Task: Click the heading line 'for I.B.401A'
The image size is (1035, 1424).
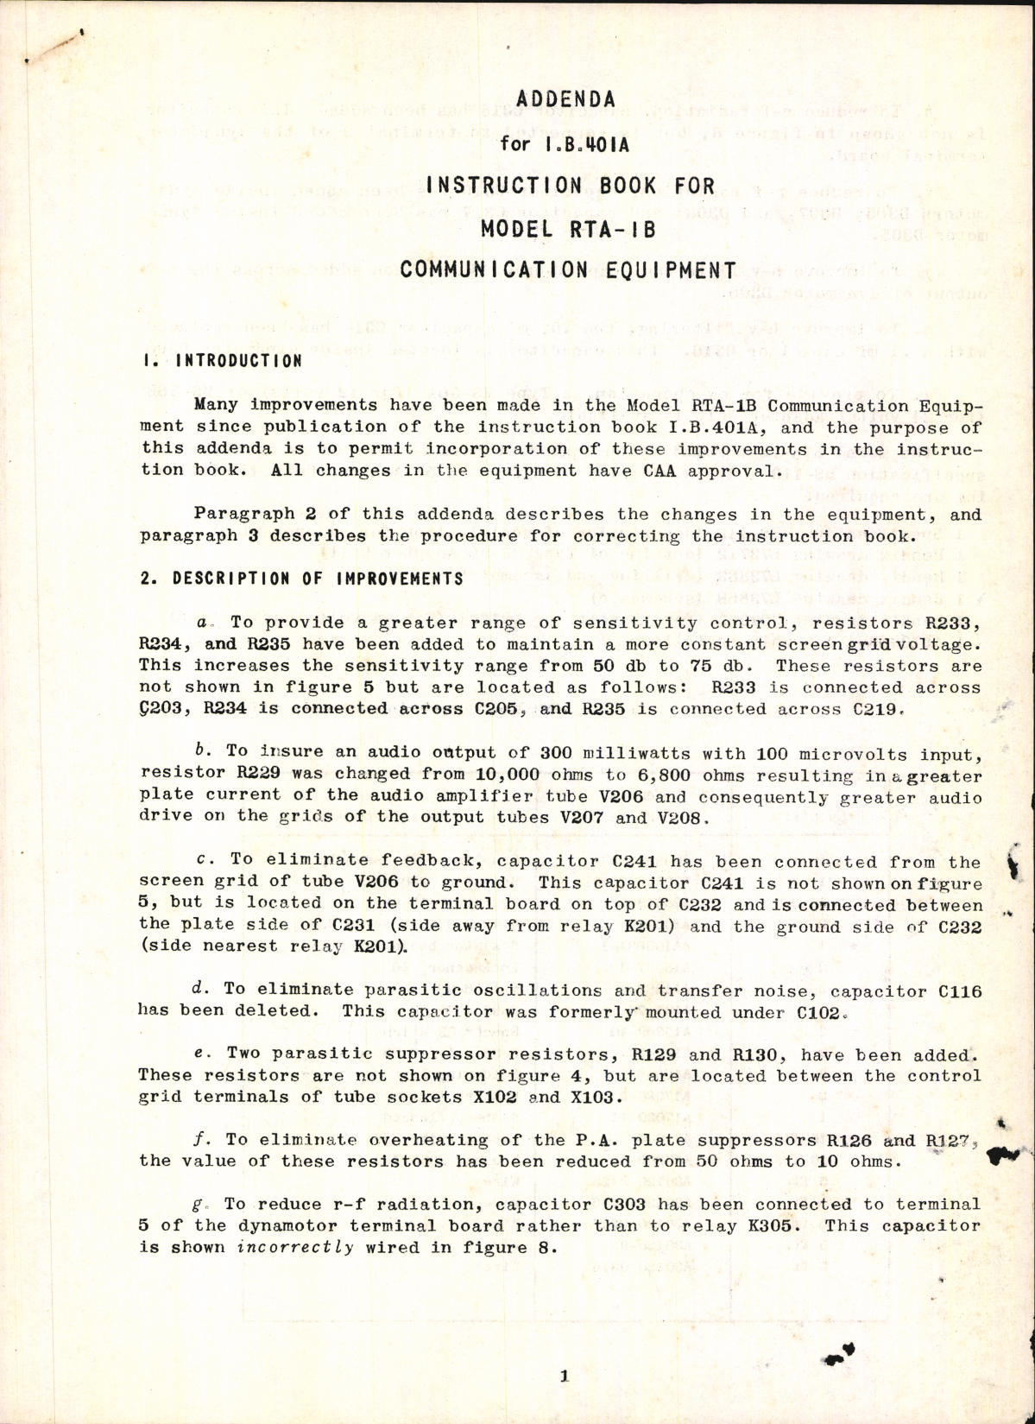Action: pos(565,143)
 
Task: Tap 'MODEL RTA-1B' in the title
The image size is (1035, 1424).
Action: pos(565,228)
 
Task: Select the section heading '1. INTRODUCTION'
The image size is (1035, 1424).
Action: pos(222,360)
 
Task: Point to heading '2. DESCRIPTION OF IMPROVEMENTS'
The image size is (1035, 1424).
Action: pos(301,579)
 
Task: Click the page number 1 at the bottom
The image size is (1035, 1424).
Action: pos(564,1377)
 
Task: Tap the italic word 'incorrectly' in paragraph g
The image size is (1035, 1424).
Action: pos(295,1247)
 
